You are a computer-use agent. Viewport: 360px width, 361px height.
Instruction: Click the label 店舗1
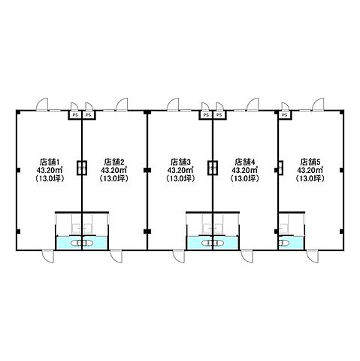pyautogui.click(x=50, y=161)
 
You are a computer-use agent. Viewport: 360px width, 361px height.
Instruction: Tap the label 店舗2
pyautogui.click(x=114, y=161)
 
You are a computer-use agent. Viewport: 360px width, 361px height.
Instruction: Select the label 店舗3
pyautogui.click(x=180, y=161)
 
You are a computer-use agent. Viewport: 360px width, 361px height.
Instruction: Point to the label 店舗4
pyautogui.click(x=245, y=161)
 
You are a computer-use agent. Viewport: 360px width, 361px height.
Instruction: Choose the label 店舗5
pyautogui.click(x=310, y=161)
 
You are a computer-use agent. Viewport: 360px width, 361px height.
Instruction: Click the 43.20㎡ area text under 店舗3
pyautogui.click(x=180, y=170)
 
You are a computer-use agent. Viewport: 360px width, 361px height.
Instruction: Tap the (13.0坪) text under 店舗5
pyautogui.click(x=310, y=179)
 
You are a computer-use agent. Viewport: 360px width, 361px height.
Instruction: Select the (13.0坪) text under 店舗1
pyautogui.click(x=50, y=179)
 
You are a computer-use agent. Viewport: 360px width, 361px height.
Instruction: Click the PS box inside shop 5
pyautogui.click(x=285, y=115)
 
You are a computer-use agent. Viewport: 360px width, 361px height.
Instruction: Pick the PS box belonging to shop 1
pyautogui.click(x=75, y=115)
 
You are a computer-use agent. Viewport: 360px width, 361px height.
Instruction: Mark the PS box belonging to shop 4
pyautogui.click(x=219, y=115)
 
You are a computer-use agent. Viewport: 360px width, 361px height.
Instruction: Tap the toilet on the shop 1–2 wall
pyautogui.click(x=82, y=243)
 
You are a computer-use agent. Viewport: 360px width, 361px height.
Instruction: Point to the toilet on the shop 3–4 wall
pyautogui.click(x=213, y=243)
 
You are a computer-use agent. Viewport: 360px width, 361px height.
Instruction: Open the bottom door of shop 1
pyautogui.click(x=48, y=256)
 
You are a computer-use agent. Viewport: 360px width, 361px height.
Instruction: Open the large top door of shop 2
pyautogui.click(x=122, y=104)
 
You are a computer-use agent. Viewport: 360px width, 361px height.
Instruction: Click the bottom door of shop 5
pyautogui.click(x=313, y=256)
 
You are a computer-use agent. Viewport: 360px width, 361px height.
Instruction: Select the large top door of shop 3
pyautogui.click(x=173, y=104)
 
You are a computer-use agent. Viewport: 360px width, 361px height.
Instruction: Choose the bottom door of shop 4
pyautogui.click(x=247, y=256)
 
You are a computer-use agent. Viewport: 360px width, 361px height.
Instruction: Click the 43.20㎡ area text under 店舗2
pyautogui.click(x=114, y=170)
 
